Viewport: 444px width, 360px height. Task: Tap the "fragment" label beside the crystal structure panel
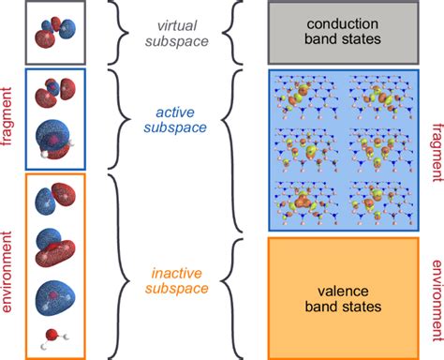433,150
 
